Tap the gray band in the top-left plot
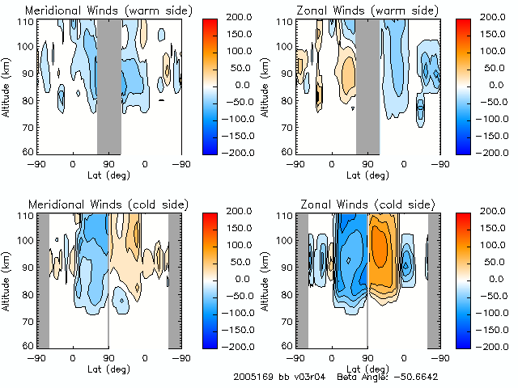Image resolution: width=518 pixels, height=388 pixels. pos(108,86)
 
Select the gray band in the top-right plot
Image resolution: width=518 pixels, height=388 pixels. pos(367,86)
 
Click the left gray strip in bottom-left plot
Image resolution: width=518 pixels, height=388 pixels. pos(44,279)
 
